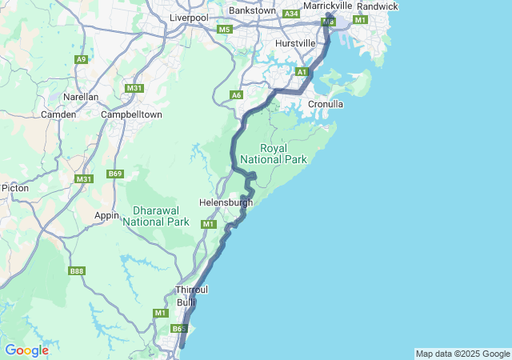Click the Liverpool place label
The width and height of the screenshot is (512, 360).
click(x=189, y=18)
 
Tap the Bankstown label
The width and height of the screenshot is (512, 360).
click(x=252, y=11)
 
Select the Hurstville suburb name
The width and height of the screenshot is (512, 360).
click(x=295, y=42)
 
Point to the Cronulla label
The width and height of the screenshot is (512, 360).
click(x=326, y=104)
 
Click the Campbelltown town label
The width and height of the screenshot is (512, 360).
click(x=132, y=114)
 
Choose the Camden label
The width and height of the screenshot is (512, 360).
click(x=58, y=114)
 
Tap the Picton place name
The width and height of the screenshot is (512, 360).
click(x=15, y=188)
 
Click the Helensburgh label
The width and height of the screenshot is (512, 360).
click(x=226, y=202)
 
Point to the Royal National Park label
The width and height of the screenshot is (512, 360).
click(x=284, y=154)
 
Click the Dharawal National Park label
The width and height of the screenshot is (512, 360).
click(x=155, y=215)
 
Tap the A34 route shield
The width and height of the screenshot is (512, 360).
click(x=291, y=14)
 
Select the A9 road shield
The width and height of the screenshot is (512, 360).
click(x=81, y=59)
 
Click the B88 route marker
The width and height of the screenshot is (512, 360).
click(x=77, y=271)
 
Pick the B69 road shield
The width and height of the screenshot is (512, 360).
click(x=115, y=174)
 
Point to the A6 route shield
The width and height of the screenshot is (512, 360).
click(x=236, y=95)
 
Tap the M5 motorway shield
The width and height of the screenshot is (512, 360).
click(x=224, y=30)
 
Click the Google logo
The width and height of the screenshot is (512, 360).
click(x=26, y=350)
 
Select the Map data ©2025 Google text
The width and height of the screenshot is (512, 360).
click(x=462, y=354)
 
